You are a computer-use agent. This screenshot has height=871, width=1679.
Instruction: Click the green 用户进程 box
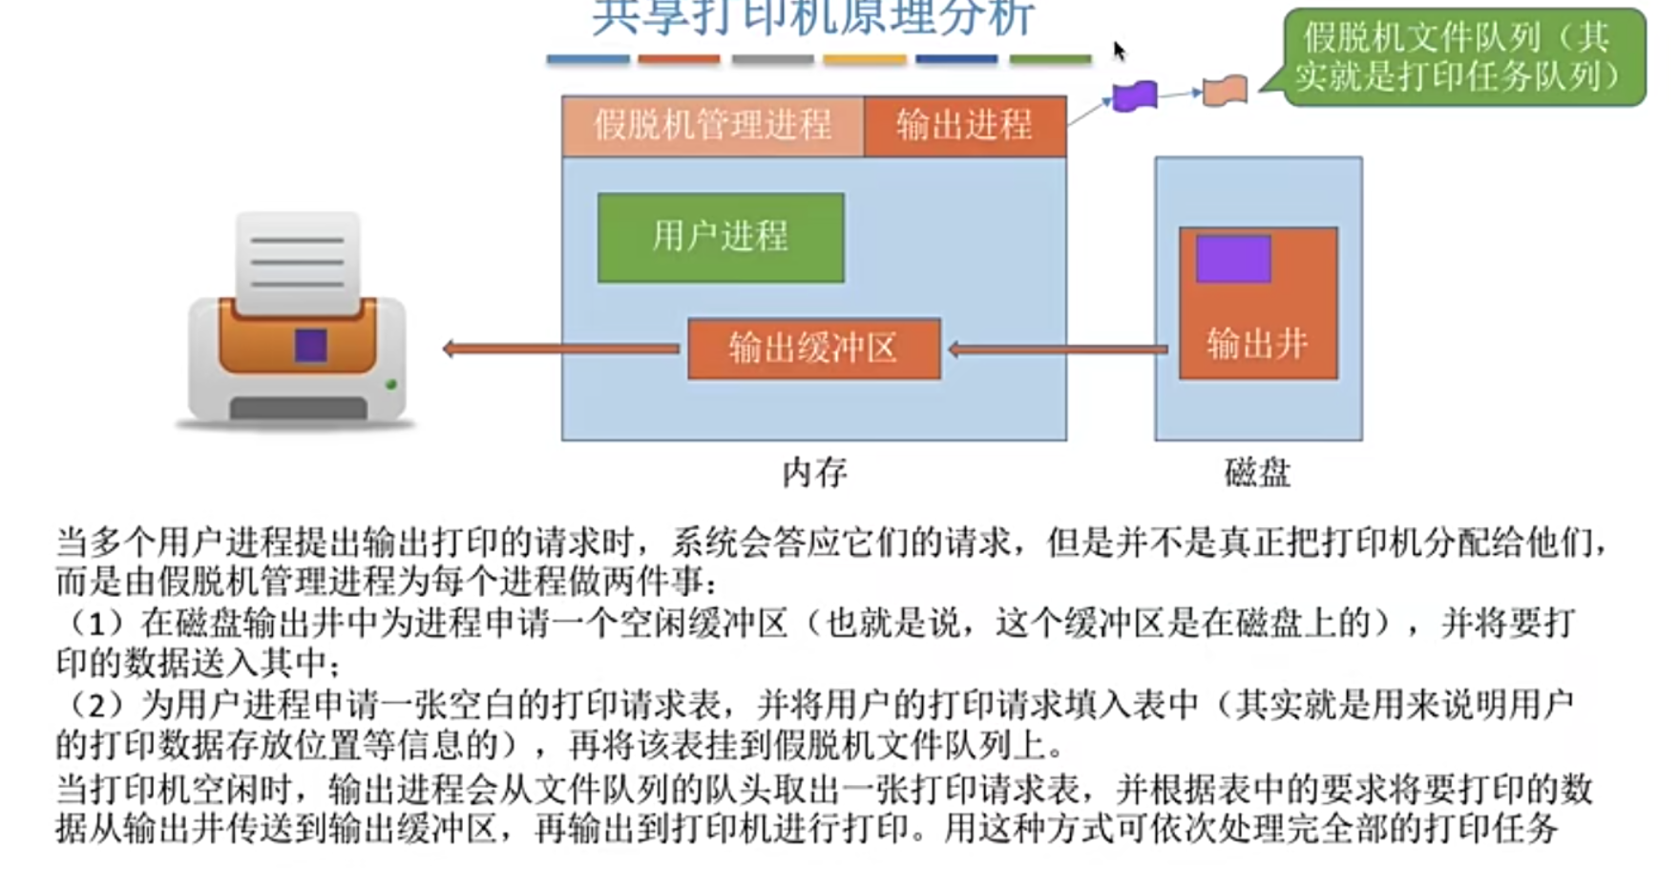click(x=721, y=237)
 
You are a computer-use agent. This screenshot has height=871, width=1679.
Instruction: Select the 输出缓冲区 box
click(x=813, y=349)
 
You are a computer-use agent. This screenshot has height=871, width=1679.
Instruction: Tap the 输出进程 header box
click(x=964, y=125)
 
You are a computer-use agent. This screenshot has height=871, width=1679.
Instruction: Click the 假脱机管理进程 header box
click(x=712, y=125)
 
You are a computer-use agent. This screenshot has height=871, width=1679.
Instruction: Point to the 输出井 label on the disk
click(x=1257, y=344)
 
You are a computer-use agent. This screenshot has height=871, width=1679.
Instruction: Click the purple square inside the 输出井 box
click(x=1232, y=259)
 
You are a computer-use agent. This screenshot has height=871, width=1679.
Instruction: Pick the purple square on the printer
click(x=311, y=345)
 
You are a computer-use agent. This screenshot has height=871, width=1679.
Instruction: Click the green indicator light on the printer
click(x=390, y=385)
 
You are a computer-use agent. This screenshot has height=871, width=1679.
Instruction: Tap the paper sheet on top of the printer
click(x=298, y=261)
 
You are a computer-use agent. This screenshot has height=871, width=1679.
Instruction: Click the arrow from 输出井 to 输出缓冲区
click(x=1058, y=350)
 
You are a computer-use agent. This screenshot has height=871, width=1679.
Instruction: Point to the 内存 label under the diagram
click(x=814, y=473)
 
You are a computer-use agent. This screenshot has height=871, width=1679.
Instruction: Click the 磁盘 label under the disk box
click(x=1257, y=473)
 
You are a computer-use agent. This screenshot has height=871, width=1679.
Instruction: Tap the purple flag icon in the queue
click(x=1135, y=96)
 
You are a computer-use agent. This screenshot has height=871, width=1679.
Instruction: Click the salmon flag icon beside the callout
click(x=1225, y=92)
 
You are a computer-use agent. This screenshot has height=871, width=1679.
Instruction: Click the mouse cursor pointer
click(x=1119, y=50)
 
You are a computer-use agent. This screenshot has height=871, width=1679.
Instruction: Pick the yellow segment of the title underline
click(x=864, y=59)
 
